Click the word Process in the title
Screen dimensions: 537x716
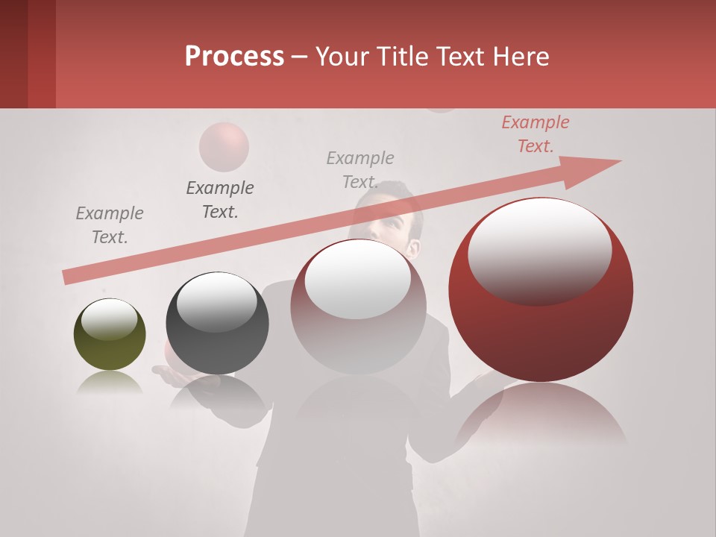[234, 56]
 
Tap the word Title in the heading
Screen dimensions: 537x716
[401, 56]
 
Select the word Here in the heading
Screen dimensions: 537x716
[521, 56]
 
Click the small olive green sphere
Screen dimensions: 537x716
[110, 334]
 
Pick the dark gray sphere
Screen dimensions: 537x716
[217, 323]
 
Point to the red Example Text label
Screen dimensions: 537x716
[536, 134]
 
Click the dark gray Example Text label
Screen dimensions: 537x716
[220, 200]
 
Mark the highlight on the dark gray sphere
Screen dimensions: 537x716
[216, 301]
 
